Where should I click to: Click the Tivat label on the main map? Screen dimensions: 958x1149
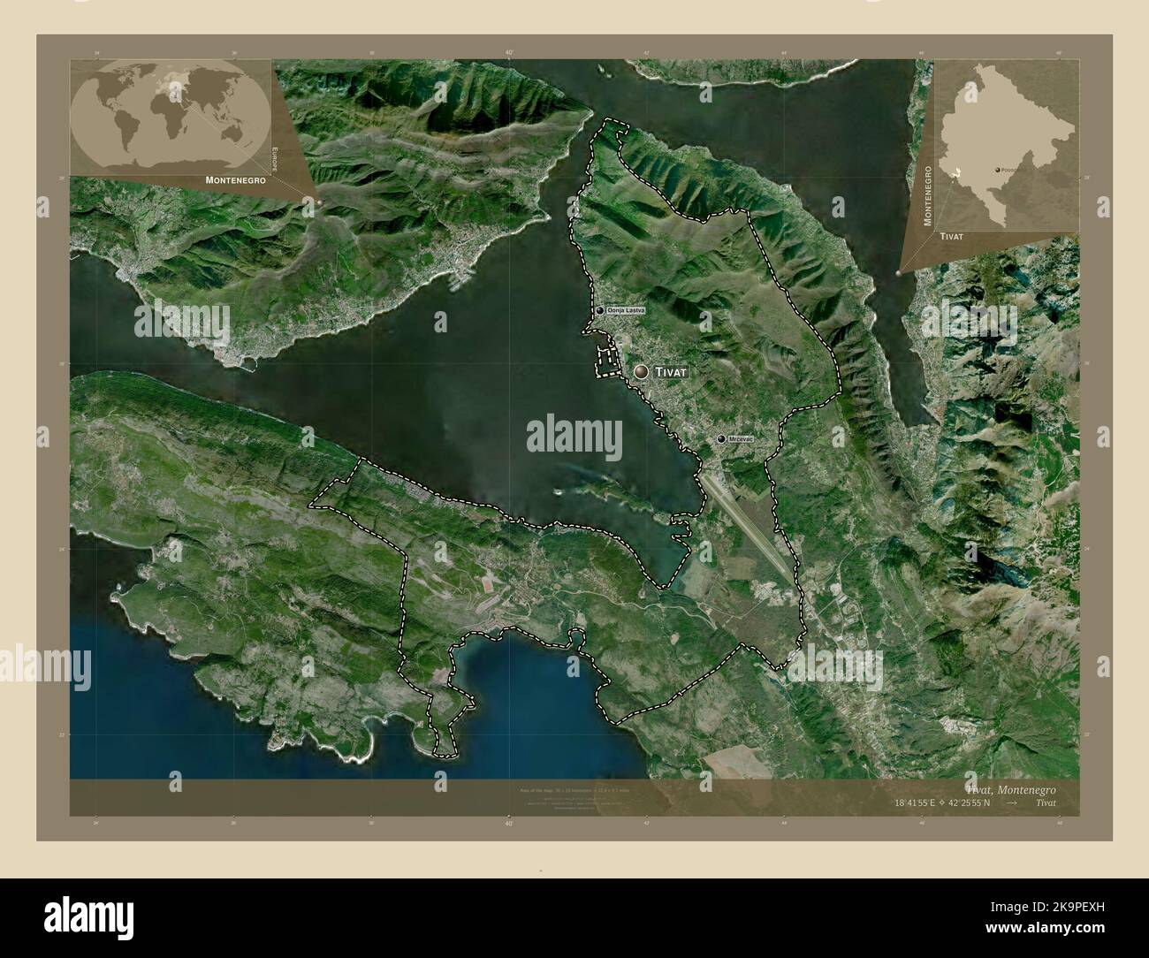tap(669, 373)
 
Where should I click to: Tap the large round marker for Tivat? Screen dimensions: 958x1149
tap(641, 373)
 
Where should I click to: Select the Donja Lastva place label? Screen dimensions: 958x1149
tap(627, 311)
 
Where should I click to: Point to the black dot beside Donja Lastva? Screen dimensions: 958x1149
tap(600, 311)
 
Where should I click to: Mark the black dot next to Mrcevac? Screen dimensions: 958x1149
tap(722, 439)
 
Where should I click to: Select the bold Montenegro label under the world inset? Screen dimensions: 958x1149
tap(236, 179)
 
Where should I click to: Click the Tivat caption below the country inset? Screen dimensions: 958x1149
tap(952, 238)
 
